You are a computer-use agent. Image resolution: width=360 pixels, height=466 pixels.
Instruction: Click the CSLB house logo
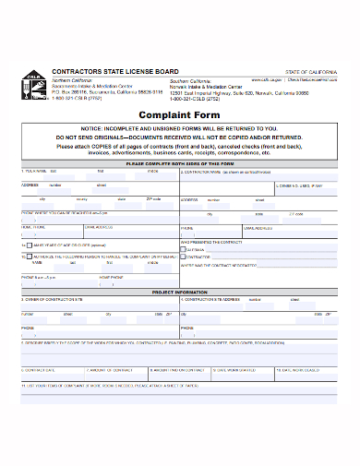point(32,82)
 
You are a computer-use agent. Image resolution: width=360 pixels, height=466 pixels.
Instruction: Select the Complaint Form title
point(180,114)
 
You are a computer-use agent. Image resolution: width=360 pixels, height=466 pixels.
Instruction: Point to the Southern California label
point(190,79)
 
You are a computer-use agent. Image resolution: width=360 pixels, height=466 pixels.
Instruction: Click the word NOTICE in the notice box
point(119,129)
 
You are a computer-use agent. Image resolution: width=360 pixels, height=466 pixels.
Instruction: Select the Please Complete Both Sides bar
point(180,162)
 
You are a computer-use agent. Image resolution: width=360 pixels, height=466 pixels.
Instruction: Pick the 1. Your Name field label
point(35,171)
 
